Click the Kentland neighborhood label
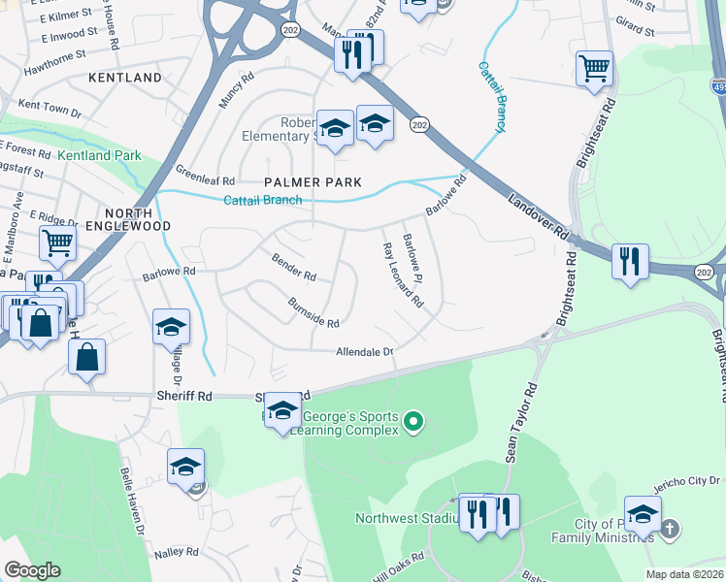click(x=124, y=77)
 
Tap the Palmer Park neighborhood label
click(x=313, y=182)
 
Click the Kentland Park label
click(x=99, y=155)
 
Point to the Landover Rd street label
click(x=537, y=216)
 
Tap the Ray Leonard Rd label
click(x=402, y=275)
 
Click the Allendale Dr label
click(x=364, y=352)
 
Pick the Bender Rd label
click(x=293, y=269)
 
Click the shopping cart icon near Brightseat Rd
click(x=594, y=68)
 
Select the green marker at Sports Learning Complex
click(x=414, y=421)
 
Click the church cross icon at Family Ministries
click(x=669, y=529)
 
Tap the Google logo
click(x=32, y=570)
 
